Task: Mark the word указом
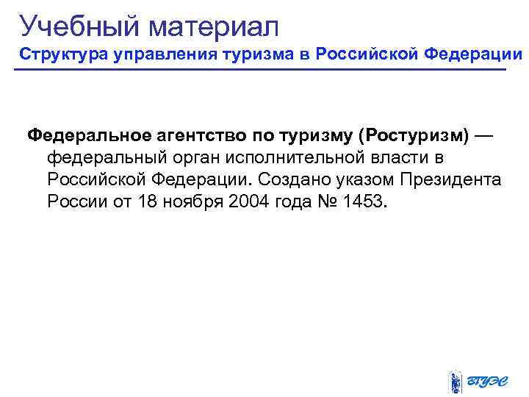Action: point(360,180)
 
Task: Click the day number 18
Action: point(146,201)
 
